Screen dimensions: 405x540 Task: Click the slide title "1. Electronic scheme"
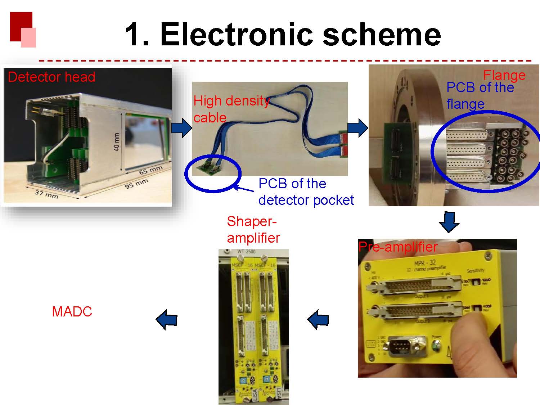pyautogui.click(x=283, y=35)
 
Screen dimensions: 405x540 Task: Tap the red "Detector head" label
pyautogui.click(x=51, y=77)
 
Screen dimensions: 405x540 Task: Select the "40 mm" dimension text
pyautogui.click(x=117, y=142)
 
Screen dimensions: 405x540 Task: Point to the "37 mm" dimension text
pyautogui.click(x=46, y=193)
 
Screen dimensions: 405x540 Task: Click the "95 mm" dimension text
pyautogui.click(x=137, y=184)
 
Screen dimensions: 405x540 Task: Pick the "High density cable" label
pyautogui.click(x=230, y=109)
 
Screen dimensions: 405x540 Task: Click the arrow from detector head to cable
pyautogui.click(x=181, y=128)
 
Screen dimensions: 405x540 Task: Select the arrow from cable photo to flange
pyautogui.click(x=358, y=128)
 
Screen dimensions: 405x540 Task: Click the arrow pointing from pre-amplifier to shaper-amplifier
pyautogui.click(x=318, y=319)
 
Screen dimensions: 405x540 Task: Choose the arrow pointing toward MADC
pyautogui.click(x=167, y=319)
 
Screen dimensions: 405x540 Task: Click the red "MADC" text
pyautogui.click(x=72, y=312)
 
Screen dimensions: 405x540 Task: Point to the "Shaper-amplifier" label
pyautogui.click(x=253, y=230)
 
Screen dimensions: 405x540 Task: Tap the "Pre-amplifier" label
pyautogui.click(x=398, y=247)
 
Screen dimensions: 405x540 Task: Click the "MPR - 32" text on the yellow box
pyautogui.click(x=425, y=262)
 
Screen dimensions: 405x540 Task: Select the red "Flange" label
pyautogui.click(x=504, y=75)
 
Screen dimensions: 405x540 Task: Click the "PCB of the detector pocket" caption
pyautogui.click(x=306, y=192)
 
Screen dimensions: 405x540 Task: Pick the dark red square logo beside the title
pyautogui.click(x=21, y=26)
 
